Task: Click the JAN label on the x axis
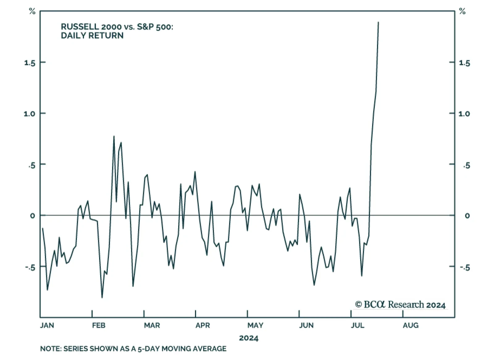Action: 47,325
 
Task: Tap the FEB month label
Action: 98,325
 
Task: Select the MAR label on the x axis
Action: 152,325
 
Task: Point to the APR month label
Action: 203,325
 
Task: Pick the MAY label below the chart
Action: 255,325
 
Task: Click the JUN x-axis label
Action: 306,325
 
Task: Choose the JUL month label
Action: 358,325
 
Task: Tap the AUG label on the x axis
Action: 411,325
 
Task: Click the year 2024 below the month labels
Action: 249,338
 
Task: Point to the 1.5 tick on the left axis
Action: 30,63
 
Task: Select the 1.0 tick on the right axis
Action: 464,114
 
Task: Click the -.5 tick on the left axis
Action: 30,267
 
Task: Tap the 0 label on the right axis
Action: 467,216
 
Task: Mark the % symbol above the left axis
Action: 32,12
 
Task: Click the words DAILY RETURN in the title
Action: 92,36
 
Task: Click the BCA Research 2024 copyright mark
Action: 400,305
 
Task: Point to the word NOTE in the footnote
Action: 50,349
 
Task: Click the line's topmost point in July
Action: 379,22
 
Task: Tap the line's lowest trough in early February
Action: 102,298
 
